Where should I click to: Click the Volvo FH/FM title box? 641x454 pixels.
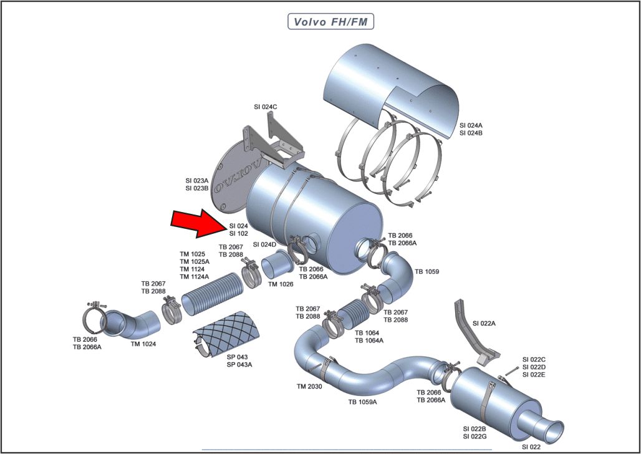click(x=330, y=21)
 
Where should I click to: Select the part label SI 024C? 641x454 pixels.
click(x=266, y=107)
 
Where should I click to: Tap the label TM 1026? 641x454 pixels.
click(x=281, y=284)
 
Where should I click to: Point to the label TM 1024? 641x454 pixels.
click(x=143, y=344)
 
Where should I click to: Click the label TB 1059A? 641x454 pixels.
click(x=362, y=402)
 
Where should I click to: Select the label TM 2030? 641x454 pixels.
click(x=309, y=387)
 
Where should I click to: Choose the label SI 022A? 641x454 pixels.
click(x=484, y=323)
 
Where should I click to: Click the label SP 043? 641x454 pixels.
click(x=237, y=357)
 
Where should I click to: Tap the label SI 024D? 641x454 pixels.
click(x=264, y=244)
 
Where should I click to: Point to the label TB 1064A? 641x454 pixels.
click(x=369, y=340)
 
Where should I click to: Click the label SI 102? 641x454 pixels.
click(x=238, y=233)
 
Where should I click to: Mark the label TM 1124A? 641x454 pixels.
click(x=195, y=276)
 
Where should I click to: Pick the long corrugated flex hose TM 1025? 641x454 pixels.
click(x=211, y=296)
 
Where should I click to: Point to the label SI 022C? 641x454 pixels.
click(x=534, y=359)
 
